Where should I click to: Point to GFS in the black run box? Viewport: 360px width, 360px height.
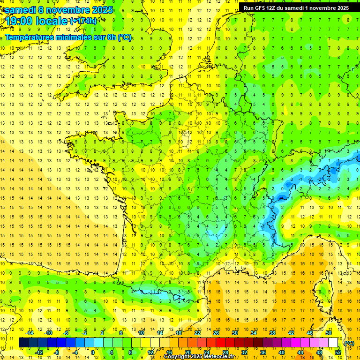(x=262, y=7)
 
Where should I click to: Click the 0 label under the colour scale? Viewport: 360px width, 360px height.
(x=92, y=352)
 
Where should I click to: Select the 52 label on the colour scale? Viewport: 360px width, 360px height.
(x=338, y=352)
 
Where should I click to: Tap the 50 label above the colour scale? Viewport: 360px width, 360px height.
(x=329, y=333)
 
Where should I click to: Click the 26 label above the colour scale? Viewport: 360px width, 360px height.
(x=216, y=333)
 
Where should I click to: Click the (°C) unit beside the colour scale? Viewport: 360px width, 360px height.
(x=349, y=343)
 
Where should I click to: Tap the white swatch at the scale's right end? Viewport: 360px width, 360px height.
(x=333, y=343)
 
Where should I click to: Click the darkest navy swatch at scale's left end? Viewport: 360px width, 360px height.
(x=23, y=343)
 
